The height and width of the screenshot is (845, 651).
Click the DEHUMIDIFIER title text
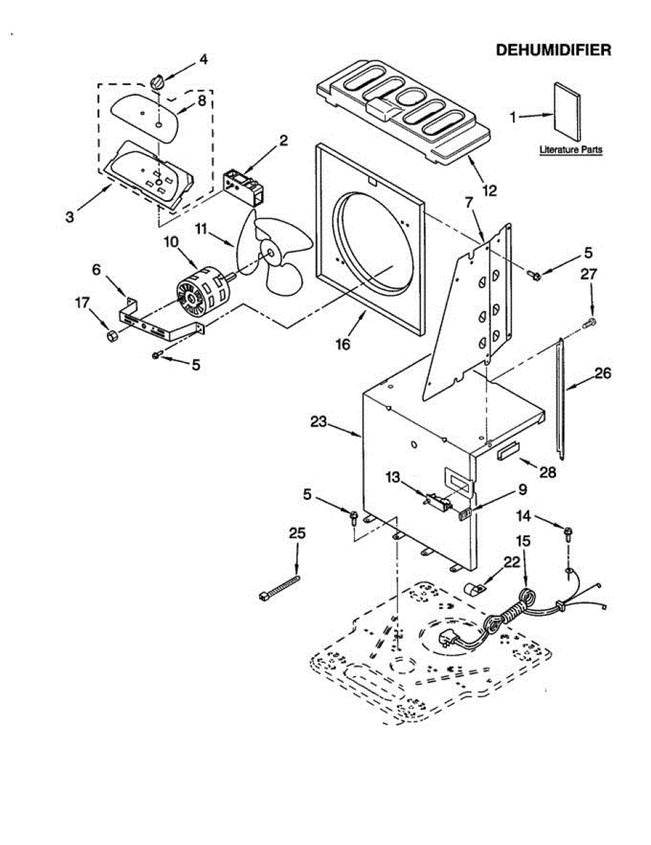click(x=553, y=50)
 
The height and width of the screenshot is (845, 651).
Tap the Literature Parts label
click(x=571, y=149)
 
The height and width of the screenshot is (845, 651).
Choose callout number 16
click(x=343, y=344)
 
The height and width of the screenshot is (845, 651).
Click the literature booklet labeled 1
click(x=568, y=112)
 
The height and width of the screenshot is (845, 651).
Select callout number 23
click(x=318, y=422)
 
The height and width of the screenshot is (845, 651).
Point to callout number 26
click(x=602, y=373)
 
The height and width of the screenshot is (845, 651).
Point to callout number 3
click(x=70, y=217)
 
